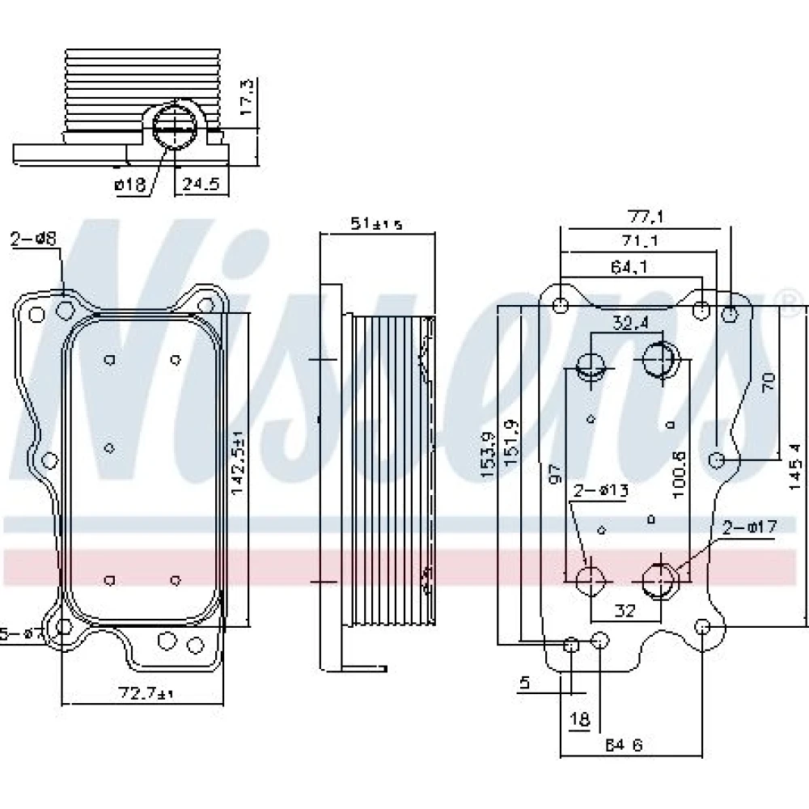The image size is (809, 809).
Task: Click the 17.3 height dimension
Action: [248, 95]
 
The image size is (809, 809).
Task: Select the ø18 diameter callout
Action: [130, 184]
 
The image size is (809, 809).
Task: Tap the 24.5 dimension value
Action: [201, 184]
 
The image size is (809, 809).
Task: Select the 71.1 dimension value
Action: [639, 240]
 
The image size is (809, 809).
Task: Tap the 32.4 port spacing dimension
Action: [629, 323]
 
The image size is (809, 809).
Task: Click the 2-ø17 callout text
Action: [749, 527]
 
